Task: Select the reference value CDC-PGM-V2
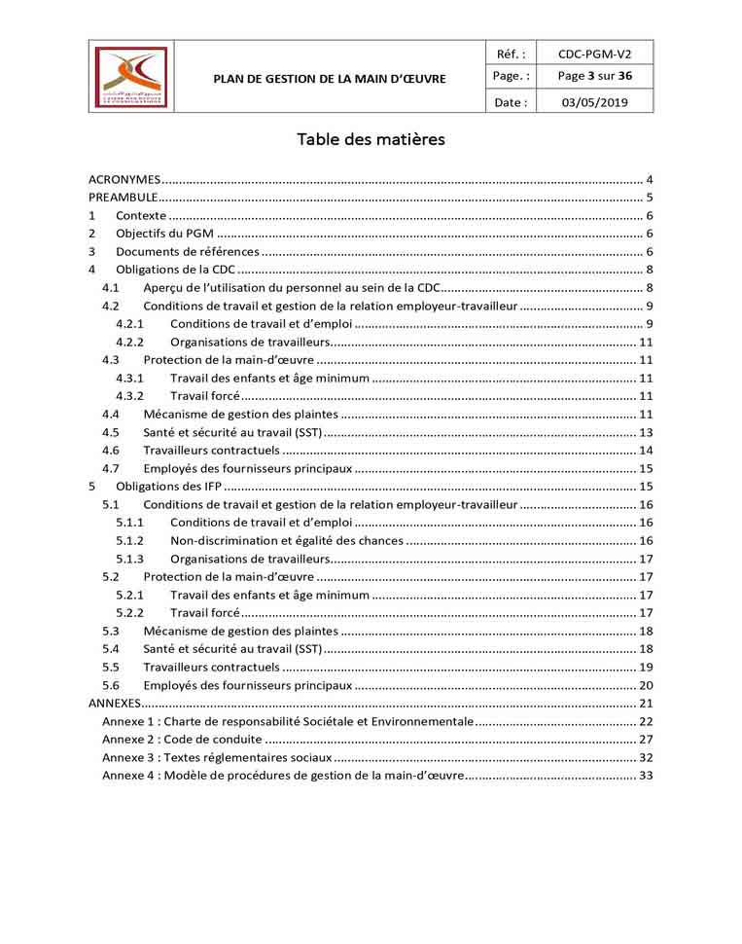(x=594, y=54)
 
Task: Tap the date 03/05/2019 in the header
(x=594, y=101)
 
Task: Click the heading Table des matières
(x=371, y=139)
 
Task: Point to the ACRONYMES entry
(x=124, y=180)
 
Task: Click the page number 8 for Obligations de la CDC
(x=648, y=270)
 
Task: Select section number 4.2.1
(x=129, y=323)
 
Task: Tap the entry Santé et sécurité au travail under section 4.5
(x=231, y=432)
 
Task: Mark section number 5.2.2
(x=129, y=612)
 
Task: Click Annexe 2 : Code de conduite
(x=184, y=739)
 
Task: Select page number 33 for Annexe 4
(x=645, y=775)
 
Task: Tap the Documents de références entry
(x=187, y=251)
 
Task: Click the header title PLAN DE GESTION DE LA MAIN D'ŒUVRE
(x=330, y=78)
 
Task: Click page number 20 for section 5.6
(x=645, y=685)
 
